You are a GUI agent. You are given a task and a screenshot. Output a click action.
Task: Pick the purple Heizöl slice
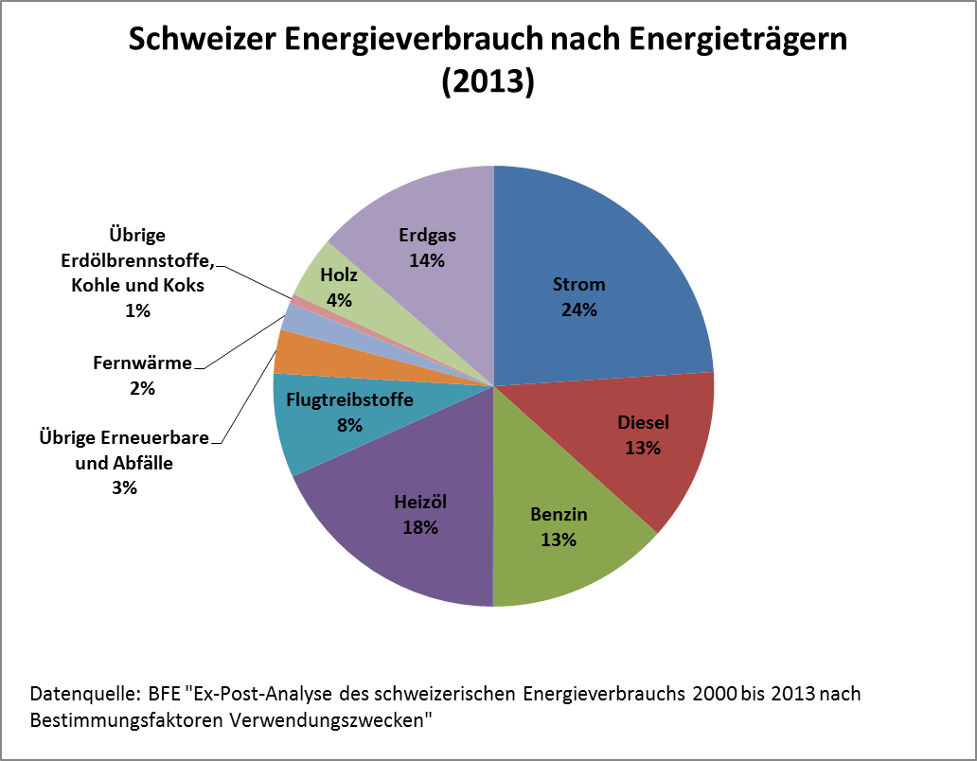(407, 558)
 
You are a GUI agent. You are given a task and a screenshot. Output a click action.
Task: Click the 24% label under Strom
(578, 310)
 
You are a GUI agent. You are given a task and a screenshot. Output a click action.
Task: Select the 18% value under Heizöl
(419, 527)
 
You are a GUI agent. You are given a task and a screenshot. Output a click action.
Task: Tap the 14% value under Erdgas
(427, 259)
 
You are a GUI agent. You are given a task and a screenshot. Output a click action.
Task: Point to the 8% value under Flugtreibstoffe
(349, 425)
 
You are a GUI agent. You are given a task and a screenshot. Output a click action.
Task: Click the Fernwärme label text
(143, 362)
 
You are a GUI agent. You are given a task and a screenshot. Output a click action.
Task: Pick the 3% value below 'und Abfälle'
(125, 487)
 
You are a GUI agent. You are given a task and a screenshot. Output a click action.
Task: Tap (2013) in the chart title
(488, 81)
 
